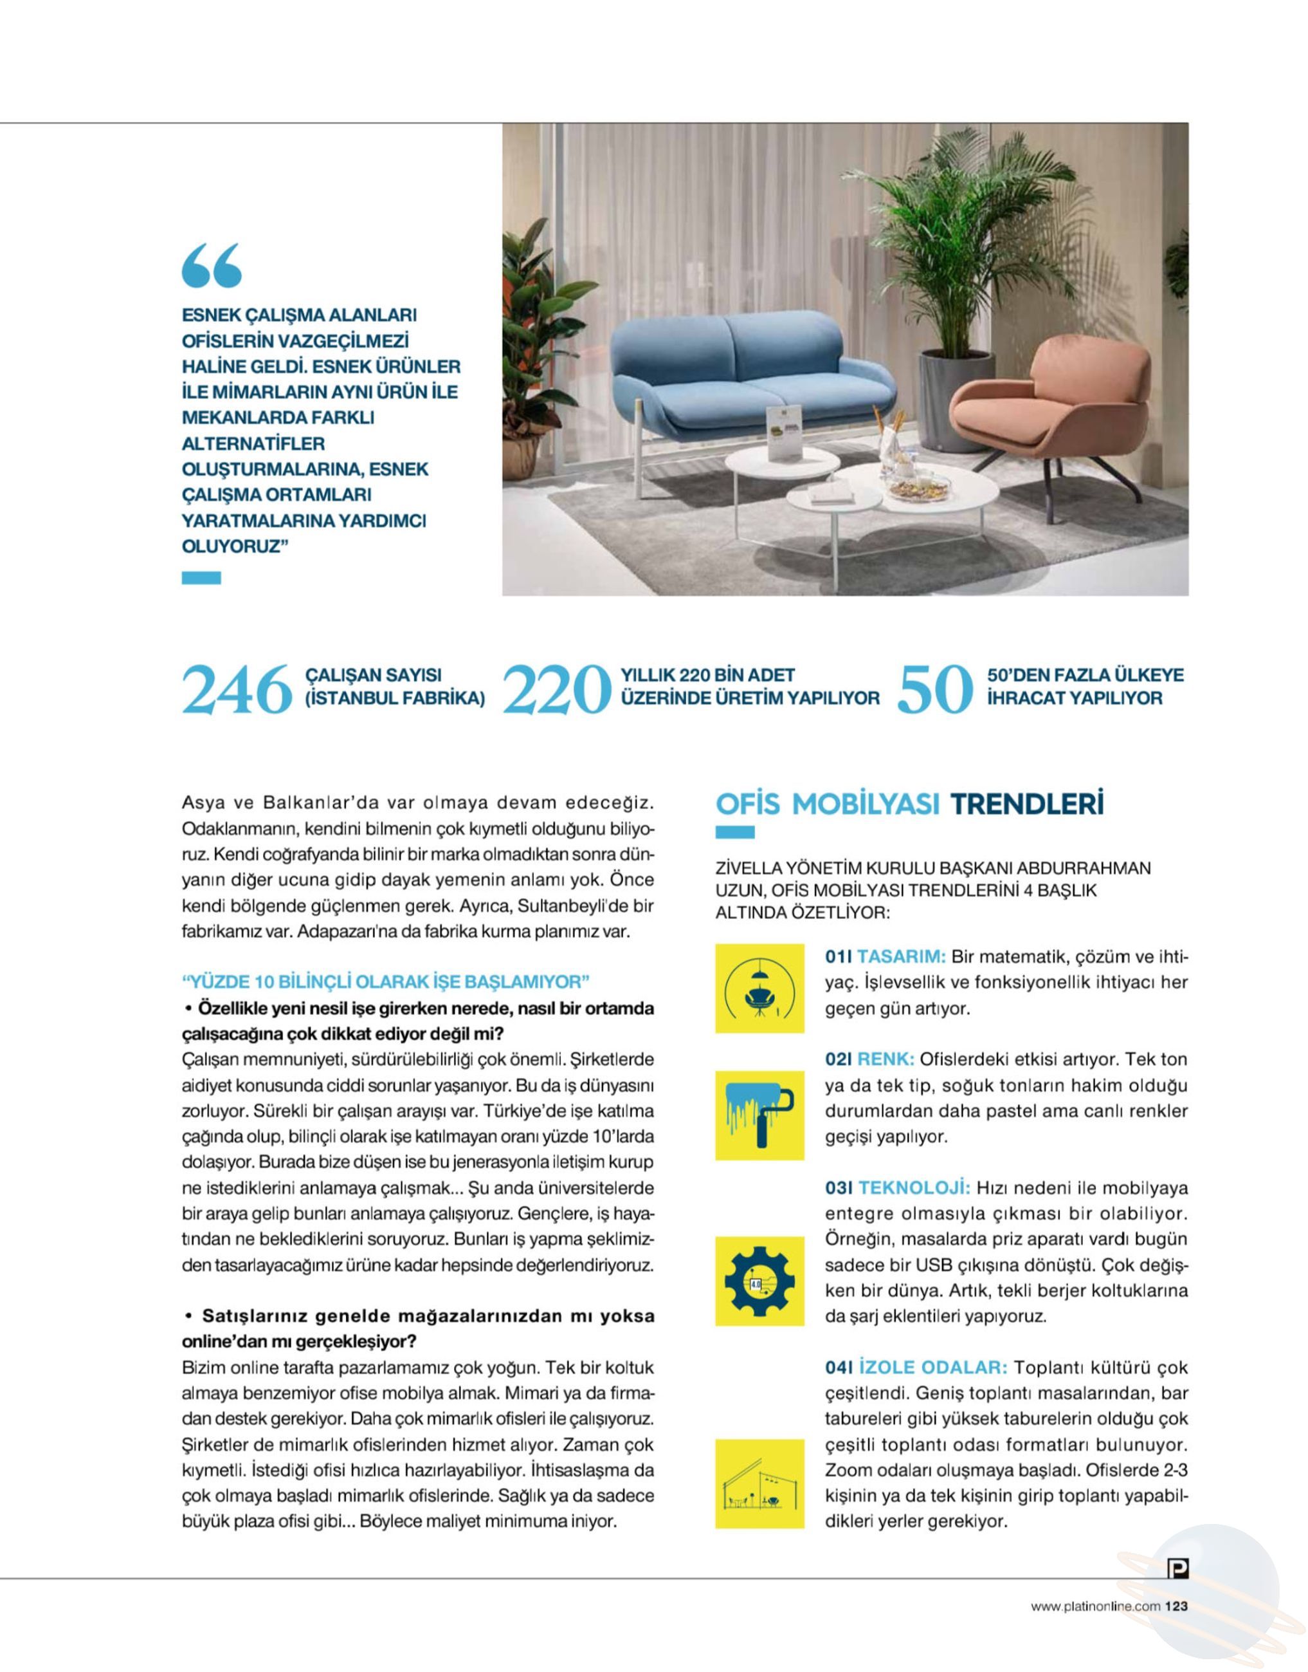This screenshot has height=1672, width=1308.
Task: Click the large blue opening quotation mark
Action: point(212,266)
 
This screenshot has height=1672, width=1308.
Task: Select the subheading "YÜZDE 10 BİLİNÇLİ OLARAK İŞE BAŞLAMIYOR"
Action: point(385,981)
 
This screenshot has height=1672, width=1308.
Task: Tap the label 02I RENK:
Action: point(869,1060)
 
